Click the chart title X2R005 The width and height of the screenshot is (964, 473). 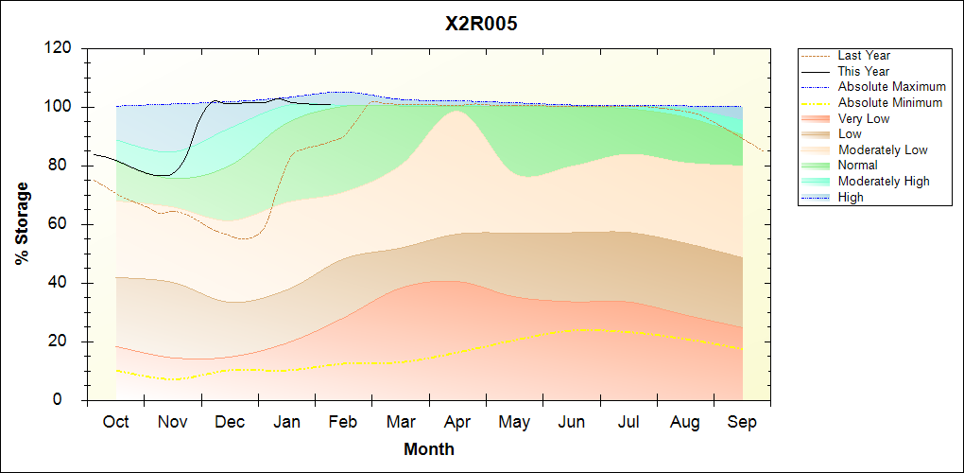click(481, 24)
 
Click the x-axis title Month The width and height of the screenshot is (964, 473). click(429, 449)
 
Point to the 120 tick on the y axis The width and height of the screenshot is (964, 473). click(62, 48)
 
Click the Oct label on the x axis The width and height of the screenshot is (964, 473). click(116, 422)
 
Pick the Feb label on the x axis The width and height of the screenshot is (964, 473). click(344, 422)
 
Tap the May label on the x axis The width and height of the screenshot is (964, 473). click(514, 422)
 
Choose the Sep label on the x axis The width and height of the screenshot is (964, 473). click(742, 422)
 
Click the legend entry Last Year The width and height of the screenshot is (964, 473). click(863, 56)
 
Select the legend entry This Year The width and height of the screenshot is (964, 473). click(863, 71)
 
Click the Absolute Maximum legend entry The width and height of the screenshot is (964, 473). click(891, 87)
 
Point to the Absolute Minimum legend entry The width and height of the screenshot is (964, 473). click(889, 102)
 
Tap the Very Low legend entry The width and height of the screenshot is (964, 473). click(863, 118)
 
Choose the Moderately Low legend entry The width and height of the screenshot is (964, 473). click(883, 149)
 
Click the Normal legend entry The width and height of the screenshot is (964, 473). click(857, 166)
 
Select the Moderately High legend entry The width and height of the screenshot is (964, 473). click(884, 181)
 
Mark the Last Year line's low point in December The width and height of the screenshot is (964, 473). click(244, 238)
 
